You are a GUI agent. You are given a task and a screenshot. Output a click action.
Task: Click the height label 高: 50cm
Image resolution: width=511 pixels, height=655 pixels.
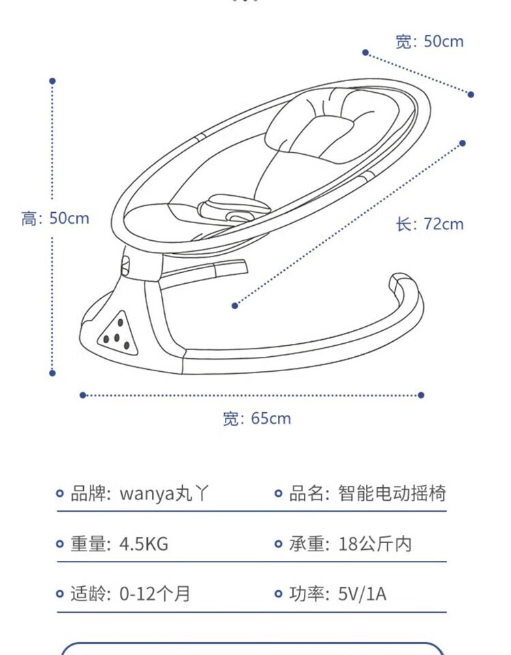click(55, 218)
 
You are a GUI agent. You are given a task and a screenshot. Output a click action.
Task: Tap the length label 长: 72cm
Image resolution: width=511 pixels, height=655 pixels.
click(430, 224)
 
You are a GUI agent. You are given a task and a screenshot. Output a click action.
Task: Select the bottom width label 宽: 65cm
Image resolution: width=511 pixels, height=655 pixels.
click(257, 418)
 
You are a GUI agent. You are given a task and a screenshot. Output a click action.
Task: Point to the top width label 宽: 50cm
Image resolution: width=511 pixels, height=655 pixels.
click(430, 42)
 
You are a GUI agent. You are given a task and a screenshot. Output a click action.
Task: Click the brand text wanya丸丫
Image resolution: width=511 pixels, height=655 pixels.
click(164, 493)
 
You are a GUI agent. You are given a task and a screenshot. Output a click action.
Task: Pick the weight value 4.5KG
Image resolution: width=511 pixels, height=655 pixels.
click(144, 544)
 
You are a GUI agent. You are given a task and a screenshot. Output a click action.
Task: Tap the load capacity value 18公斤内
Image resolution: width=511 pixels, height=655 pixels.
click(375, 544)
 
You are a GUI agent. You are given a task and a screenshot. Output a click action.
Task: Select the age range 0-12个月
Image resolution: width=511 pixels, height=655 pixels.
click(155, 594)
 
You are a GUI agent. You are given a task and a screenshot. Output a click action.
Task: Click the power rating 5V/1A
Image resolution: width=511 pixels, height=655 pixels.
click(362, 594)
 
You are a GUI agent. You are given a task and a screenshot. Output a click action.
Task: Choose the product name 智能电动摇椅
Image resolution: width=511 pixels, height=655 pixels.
click(392, 493)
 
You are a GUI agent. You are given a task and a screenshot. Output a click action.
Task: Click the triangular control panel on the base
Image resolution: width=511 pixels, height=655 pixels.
click(118, 334)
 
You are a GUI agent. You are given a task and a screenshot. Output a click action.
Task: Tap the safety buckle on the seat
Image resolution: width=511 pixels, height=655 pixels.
click(234, 209)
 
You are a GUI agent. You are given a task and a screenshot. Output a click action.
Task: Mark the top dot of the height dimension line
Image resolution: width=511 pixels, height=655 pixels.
click(52, 81)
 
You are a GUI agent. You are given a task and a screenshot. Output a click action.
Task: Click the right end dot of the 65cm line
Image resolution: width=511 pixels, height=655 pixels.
click(421, 395)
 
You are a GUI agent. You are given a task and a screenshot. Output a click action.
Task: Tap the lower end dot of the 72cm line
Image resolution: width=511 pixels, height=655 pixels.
click(235, 306)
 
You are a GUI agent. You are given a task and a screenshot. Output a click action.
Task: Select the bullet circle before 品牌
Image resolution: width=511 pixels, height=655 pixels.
click(60, 494)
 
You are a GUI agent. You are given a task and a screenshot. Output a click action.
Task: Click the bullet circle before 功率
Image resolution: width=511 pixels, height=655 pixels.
click(278, 594)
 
